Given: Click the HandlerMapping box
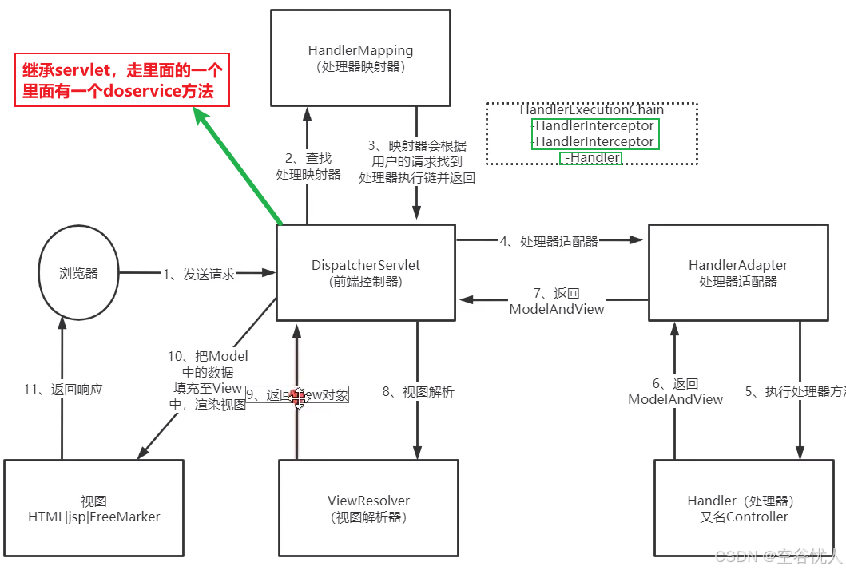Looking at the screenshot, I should point(360,57).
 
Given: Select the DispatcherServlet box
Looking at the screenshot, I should point(366,272).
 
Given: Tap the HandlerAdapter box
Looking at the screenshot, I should point(737,272).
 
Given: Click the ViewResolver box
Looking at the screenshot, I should point(368,508).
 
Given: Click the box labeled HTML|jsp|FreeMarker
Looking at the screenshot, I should point(93,508).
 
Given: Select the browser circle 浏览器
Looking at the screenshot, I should point(78,273).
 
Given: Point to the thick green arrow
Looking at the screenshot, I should point(239,168).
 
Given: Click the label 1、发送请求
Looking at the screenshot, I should point(199,274).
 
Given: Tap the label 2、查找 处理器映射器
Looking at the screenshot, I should point(308,166).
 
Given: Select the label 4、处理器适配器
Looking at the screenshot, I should point(549,241).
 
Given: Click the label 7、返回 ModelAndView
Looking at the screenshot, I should point(557,301).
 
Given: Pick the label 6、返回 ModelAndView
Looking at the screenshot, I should point(675,391).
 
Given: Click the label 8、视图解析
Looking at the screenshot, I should point(418,392).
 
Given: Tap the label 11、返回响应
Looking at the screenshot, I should point(63,390).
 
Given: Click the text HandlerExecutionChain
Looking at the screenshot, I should point(592,110).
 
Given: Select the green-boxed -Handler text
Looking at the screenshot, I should point(592,158).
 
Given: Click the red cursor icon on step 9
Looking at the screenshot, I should point(298,396).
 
